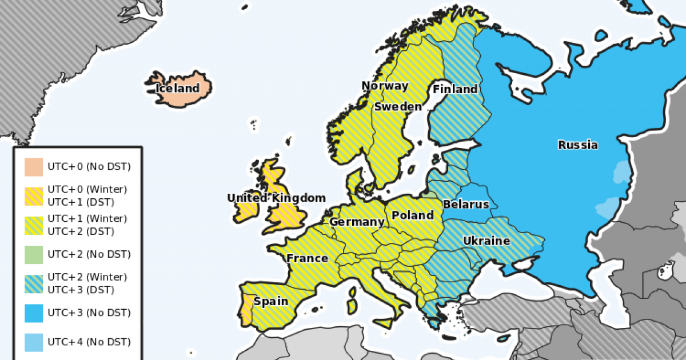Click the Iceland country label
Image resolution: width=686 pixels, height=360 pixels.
point(178,89)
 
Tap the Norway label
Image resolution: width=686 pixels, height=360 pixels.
point(385,86)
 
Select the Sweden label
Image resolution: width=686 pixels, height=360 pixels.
point(398,106)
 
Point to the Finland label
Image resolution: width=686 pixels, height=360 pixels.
point(455,89)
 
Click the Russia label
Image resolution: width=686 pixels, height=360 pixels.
point(578,145)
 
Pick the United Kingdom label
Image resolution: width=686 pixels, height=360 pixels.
point(276,198)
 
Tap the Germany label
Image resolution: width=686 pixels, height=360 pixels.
point(357,222)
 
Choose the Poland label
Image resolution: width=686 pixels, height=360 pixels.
point(413,215)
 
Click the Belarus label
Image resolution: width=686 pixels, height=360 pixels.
point(466,204)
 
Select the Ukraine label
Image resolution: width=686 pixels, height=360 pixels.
point(486,241)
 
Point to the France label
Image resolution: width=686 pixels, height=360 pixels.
point(308,258)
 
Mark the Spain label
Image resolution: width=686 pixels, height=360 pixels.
point(271,301)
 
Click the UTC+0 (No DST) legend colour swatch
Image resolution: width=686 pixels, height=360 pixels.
point(34,167)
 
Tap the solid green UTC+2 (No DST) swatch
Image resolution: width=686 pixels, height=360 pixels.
point(34,254)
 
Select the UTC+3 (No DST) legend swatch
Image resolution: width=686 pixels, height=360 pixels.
point(34,313)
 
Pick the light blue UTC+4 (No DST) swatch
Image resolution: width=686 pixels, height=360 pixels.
point(34,342)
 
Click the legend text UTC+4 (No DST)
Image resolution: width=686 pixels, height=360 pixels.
point(89,342)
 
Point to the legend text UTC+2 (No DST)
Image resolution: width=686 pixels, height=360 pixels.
point(89,254)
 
